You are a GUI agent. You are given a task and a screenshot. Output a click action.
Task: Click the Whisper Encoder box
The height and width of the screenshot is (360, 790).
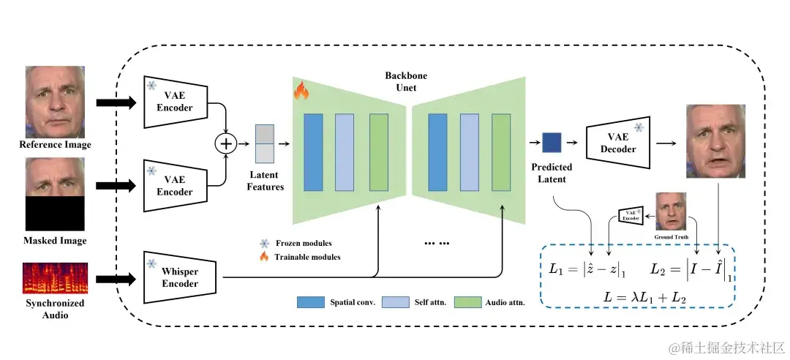(x=180, y=277)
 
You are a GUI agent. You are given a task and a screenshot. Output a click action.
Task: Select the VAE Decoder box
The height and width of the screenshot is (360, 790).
(x=618, y=143)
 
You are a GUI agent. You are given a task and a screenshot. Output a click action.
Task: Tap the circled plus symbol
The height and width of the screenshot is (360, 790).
(x=226, y=143)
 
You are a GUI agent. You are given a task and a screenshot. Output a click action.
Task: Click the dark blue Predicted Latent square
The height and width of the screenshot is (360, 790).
(x=552, y=143)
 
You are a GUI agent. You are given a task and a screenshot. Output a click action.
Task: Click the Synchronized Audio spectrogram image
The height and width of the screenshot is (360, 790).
(x=55, y=278)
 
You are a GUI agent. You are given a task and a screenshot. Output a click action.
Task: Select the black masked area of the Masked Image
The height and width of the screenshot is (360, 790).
(x=55, y=214)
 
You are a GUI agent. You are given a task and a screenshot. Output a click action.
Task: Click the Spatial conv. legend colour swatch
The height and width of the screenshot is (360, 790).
(x=310, y=302)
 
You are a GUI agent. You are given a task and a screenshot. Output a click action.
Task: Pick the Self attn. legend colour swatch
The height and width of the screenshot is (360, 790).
(x=396, y=302)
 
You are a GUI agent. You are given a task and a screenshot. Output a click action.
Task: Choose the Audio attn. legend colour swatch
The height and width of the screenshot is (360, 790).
(x=468, y=302)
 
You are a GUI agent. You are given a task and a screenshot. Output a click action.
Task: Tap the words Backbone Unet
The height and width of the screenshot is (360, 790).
(x=406, y=82)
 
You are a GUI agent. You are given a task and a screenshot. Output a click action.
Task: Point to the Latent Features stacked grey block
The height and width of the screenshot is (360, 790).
(x=265, y=143)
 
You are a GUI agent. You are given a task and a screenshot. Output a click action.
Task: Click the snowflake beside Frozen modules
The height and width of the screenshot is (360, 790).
(x=264, y=244)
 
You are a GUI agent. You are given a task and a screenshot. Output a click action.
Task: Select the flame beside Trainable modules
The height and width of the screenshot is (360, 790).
(x=264, y=257)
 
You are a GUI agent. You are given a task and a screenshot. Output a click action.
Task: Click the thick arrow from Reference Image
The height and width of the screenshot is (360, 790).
(x=116, y=103)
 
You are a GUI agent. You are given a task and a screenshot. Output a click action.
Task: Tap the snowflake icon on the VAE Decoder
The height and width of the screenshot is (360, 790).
(x=639, y=127)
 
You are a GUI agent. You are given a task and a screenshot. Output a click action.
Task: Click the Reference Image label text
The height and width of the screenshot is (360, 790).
(x=56, y=145)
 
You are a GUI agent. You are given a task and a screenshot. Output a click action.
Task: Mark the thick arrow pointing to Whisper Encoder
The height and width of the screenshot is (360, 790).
(x=116, y=278)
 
